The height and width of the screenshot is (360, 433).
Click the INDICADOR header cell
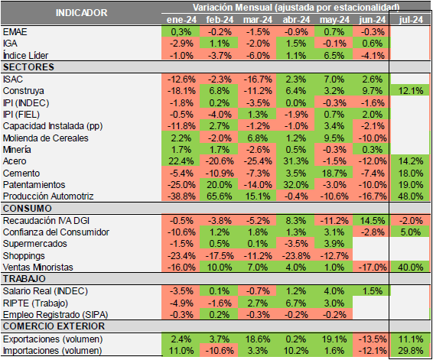[x=80, y=13]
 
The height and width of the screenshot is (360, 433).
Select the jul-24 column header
[x=409, y=18]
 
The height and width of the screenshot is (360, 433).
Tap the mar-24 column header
[x=257, y=18]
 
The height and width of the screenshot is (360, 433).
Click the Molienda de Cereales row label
[x=46, y=138]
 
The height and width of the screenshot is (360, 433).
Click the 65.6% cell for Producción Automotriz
[x=219, y=196]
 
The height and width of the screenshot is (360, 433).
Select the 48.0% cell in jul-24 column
[x=409, y=196]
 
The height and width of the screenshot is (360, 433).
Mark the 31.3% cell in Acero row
[x=295, y=161]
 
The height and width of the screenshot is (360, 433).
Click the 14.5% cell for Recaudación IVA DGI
[x=371, y=220]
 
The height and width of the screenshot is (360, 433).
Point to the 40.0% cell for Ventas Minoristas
[x=409, y=267]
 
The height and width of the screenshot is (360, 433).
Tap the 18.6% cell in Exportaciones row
[x=257, y=339]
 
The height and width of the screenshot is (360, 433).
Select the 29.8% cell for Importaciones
[x=409, y=350]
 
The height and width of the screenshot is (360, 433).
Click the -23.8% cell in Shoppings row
[x=295, y=255]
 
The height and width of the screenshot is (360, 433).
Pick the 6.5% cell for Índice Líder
[x=334, y=55]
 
